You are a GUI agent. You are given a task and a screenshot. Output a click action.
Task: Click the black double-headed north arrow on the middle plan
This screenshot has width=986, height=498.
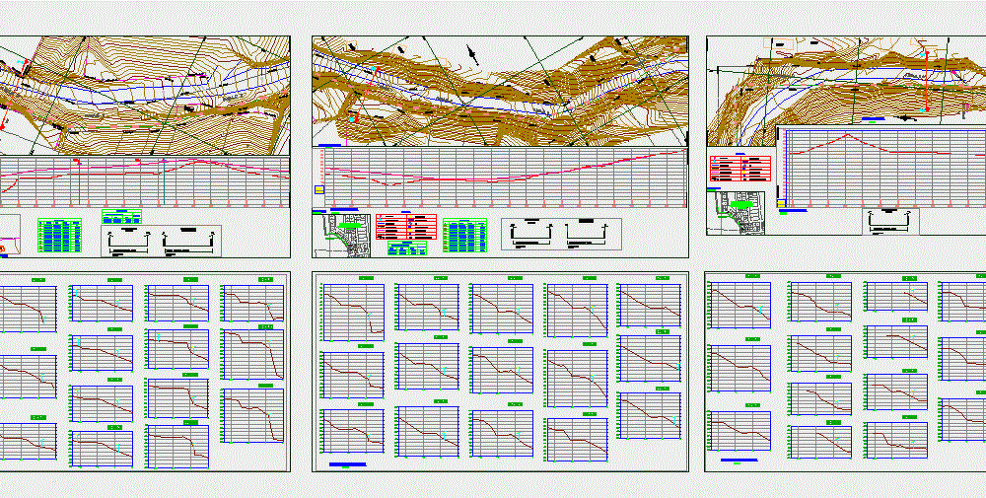tap(473, 54)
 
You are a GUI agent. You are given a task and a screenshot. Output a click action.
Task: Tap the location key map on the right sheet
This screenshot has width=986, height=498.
tap(737, 209)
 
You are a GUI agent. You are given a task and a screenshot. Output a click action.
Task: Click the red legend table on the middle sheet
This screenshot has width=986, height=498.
tap(404, 225)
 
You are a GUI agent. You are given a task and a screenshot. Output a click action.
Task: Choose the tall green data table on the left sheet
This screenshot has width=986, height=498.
tap(59, 235)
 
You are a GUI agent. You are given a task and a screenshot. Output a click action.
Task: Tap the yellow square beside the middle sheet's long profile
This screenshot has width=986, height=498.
tap(317, 189)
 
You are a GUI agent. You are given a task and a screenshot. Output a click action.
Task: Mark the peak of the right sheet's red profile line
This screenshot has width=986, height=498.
tap(845, 135)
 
